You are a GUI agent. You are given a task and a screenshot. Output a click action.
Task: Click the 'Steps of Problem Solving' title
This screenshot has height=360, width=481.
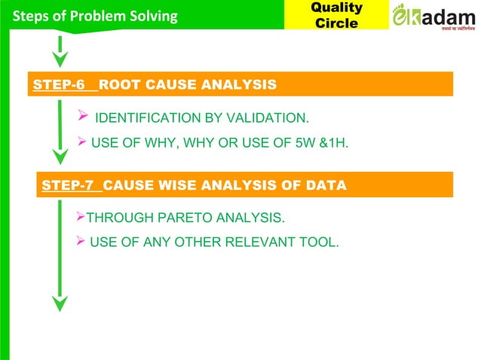point(90,16)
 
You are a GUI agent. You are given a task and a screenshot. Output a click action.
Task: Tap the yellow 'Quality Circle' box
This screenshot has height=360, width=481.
point(336,15)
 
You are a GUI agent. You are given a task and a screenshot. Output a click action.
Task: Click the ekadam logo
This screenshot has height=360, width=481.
point(434,16)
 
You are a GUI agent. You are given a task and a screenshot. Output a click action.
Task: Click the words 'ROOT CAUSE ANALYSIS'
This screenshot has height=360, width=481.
point(187,84)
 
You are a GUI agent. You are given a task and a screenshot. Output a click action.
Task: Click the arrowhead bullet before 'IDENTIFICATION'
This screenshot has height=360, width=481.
point(84,117)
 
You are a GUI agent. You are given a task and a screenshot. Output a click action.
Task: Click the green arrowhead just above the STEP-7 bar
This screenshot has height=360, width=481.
point(60,156)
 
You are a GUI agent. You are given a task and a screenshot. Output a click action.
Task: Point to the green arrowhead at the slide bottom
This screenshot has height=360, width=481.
point(60,303)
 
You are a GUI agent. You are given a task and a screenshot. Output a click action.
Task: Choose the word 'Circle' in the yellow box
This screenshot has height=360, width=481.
point(336,23)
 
